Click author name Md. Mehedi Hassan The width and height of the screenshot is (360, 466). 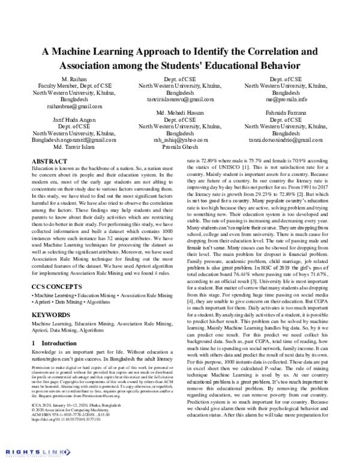click(180, 113)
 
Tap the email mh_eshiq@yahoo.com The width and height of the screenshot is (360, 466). click(180, 139)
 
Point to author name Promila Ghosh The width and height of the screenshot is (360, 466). click(180, 146)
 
